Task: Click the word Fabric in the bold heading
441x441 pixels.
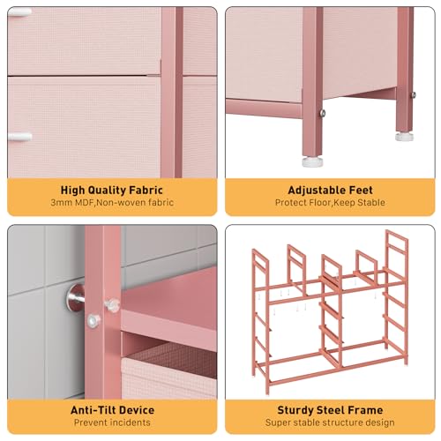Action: pyautogui.click(x=146, y=190)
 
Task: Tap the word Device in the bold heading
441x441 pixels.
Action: pyautogui.click(x=136, y=410)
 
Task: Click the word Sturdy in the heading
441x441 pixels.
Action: pyautogui.click(x=294, y=410)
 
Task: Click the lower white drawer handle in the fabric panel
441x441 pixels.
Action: pyautogui.click(x=19, y=137)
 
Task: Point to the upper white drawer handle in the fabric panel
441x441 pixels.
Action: pyautogui.click(x=19, y=13)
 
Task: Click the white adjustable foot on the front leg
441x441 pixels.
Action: pyautogui.click(x=312, y=162)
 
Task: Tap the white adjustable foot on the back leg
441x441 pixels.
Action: pyautogui.click(x=404, y=137)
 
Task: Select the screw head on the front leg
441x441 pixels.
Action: pyautogui.click(x=323, y=113)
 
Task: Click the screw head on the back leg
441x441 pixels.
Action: pyautogui.click(x=414, y=94)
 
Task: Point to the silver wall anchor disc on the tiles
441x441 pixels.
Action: pyautogui.click(x=74, y=298)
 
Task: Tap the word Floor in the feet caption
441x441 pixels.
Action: pyautogui.click(x=319, y=203)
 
